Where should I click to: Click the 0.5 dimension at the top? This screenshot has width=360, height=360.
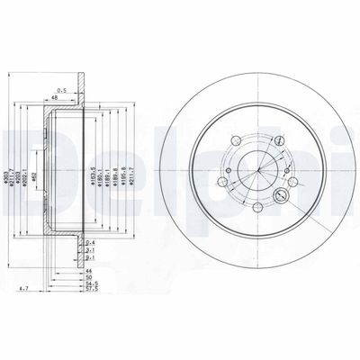pyautogui.click(x=61, y=90)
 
